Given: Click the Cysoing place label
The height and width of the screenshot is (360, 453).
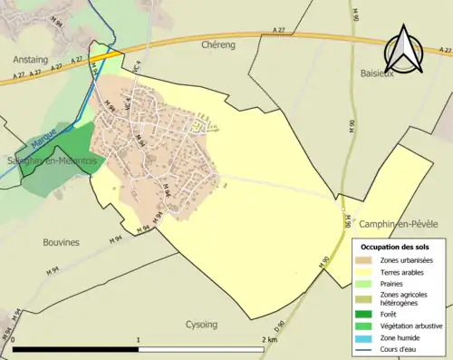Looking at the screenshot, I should tap(201, 324).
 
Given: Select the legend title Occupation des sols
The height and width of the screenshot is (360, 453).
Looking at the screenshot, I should tap(395, 247).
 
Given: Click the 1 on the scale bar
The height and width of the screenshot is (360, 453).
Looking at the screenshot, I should tap(138, 339).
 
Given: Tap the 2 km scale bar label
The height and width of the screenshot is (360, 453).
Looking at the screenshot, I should tap(268, 339).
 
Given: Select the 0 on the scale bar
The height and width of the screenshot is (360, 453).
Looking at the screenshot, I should tap(13, 339).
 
